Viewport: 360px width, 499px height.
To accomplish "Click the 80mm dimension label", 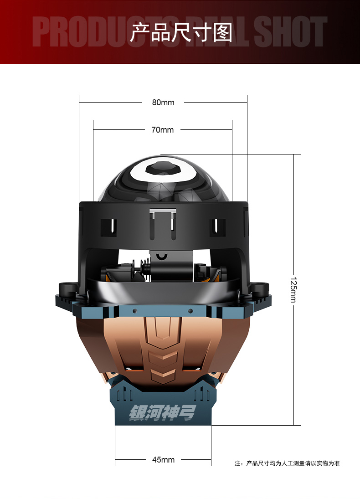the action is (x=163, y=103).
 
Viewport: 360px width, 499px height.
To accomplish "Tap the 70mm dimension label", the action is (x=162, y=130).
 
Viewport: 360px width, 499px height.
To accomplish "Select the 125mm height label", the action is (x=293, y=289).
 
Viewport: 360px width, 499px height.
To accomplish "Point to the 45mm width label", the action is (x=163, y=460).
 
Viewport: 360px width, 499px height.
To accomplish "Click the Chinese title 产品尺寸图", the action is (x=181, y=32).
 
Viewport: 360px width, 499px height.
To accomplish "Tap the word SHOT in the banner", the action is (x=290, y=32).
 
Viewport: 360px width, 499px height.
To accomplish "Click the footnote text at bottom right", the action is (x=287, y=463).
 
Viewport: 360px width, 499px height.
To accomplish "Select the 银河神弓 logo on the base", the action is (x=162, y=413).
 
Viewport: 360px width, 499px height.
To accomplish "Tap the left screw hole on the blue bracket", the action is (x=135, y=311).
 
